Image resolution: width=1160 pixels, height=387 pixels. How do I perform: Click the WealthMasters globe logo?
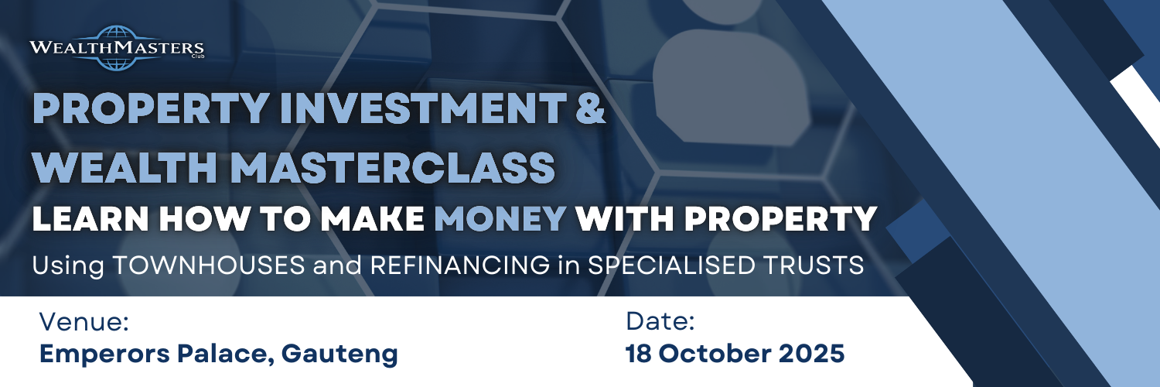[117, 48]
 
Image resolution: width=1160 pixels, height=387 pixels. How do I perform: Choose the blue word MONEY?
[500, 220]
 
